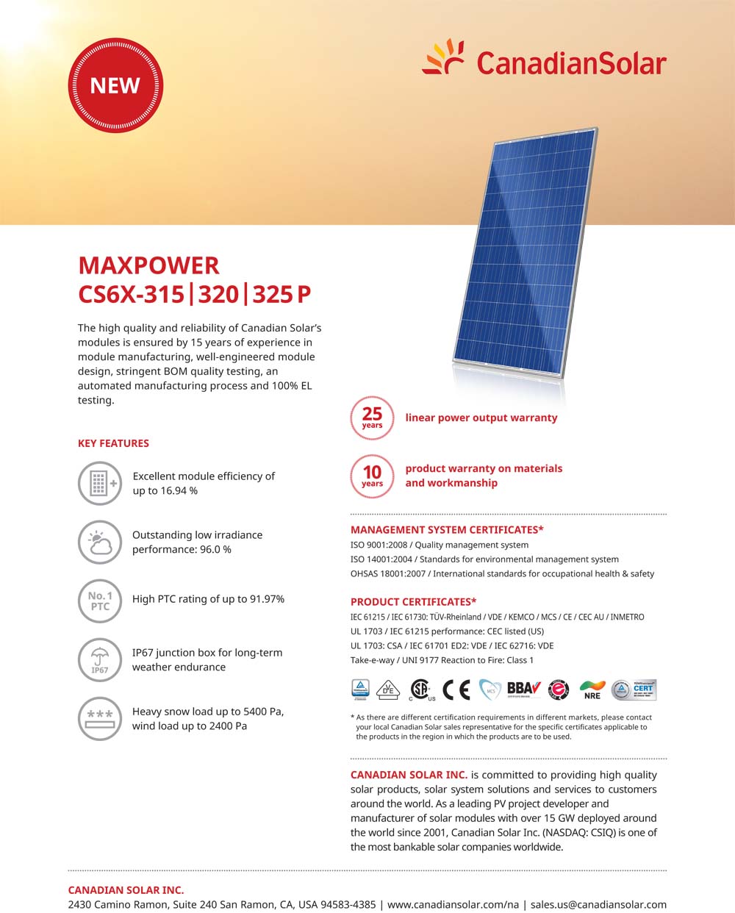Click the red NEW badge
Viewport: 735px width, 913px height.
tap(115, 86)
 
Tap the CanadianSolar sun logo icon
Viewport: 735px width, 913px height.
tap(443, 58)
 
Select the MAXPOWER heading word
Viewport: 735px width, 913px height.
tap(148, 265)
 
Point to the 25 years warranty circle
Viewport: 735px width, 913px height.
tap(372, 418)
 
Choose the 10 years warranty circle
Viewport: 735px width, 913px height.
tap(372, 476)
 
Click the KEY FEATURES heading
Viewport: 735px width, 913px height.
tap(113, 443)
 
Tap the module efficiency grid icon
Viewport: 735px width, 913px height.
tap(100, 483)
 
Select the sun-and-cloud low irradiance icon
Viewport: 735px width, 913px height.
tap(100, 542)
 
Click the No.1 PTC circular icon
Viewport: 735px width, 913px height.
tap(100, 601)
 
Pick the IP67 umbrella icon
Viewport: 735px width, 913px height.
tap(100, 659)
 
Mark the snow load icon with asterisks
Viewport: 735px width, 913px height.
tap(100, 718)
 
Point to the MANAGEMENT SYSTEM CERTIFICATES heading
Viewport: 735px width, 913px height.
tap(447, 529)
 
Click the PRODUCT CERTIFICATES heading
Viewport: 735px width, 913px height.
tap(413, 601)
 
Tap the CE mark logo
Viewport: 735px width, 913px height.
tap(456, 690)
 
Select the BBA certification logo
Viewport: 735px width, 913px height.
tap(523, 690)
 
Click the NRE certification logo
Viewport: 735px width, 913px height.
tap(592, 690)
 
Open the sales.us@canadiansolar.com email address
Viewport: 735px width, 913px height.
tap(598, 905)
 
